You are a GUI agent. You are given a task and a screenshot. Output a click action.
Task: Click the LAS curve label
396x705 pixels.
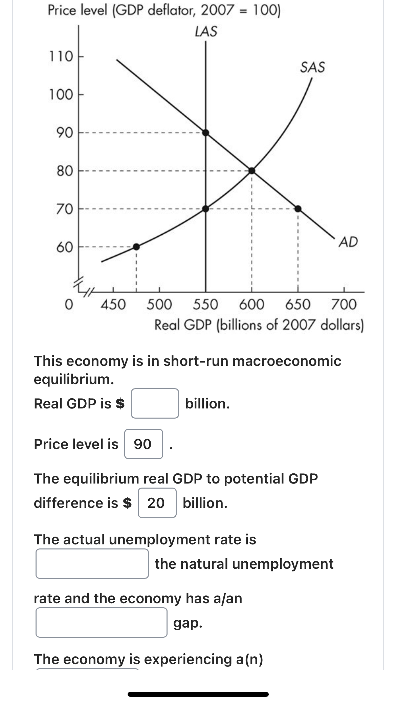pyautogui.click(x=206, y=31)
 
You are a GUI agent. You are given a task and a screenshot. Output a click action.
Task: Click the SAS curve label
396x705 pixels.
pyautogui.click(x=312, y=67)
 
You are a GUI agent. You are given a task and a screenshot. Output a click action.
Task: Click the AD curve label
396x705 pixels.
pyautogui.click(x=348, y=242)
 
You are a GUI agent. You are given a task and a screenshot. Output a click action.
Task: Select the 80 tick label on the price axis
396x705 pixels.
pyautogui.click(x=64, y=171)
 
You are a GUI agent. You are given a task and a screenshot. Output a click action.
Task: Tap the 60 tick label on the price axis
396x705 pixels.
pyautogui.click(x=64, y=248)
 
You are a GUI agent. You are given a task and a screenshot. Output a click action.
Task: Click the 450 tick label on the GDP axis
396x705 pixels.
pyautogui.click(x=113, y=304)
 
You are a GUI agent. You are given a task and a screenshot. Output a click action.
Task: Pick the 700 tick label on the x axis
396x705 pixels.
pyautogui.click(x=344, y=304)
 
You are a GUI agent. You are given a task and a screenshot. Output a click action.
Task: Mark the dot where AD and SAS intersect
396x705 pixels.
pyautogui.click(x=252, y=170)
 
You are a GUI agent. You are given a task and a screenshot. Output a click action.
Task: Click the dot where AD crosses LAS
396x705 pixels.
pyautogui.click(x=206, y=132)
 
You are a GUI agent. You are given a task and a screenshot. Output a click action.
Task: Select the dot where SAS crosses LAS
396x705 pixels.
pyautogui.click(x=206, y=209)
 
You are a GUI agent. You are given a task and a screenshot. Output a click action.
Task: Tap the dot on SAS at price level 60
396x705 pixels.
pyautogui.click(x=136, y=247)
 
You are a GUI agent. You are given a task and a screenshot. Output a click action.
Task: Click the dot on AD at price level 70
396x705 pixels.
pyautogui.click(x=298, y=209)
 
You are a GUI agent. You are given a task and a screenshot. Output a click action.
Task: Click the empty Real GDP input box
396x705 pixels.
pyautogui.click(x=155, y=403)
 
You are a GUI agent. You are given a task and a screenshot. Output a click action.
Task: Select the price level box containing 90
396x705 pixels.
pyautogui.click(x=144, y=444)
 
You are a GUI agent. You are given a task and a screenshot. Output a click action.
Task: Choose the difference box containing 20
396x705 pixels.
pyautogui.click(x=157, y=503)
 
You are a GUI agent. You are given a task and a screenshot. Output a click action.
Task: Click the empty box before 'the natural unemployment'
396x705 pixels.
pyautogui.click(x=92, y=564)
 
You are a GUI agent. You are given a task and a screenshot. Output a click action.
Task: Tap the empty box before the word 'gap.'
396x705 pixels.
pyautogui.click(x=101, y=622)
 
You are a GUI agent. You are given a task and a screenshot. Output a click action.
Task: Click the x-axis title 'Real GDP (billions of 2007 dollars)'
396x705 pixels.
pyautogui.click(x=259, y=325)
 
